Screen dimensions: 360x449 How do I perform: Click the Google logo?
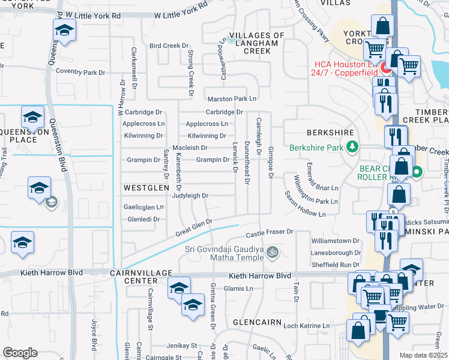click(20, 353)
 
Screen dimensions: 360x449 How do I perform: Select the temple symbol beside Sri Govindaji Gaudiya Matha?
click(273, 251)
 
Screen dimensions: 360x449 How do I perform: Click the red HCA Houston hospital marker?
click(384, 68)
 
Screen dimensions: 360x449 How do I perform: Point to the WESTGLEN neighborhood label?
click(143, 188)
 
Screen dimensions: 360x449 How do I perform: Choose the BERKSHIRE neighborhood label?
click(327, 133)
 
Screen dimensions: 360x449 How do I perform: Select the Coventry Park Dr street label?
click(80, 73)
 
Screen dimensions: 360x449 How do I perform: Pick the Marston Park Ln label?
click(232, 98)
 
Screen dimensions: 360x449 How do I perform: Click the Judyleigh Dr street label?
click(190, 196)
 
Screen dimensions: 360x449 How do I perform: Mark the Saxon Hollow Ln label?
click(304, 213)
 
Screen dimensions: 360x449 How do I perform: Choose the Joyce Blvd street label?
click(94, 335)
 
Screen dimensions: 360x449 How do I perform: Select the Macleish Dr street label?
click(190, 148)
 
